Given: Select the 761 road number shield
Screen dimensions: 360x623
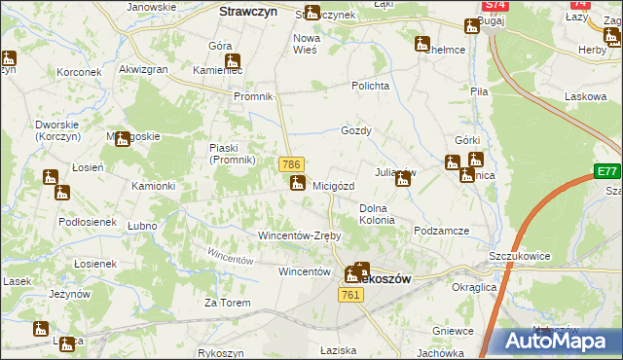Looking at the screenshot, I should point(351,295).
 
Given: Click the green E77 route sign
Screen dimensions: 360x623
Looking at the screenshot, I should point(608,172).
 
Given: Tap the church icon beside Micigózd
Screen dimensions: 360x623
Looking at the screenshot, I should point(298,182).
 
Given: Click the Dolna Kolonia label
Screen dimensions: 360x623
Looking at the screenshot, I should point(377,214).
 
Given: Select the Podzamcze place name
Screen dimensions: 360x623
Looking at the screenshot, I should point(441,231).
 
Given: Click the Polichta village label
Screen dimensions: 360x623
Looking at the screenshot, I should point(371,86).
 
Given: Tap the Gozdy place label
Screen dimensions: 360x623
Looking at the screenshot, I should point(356,130).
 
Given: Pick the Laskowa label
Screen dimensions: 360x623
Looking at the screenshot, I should point(585,97).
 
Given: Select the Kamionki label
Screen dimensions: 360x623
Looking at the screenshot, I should point(154,186).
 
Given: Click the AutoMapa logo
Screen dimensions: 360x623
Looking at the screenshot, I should point(560,341).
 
